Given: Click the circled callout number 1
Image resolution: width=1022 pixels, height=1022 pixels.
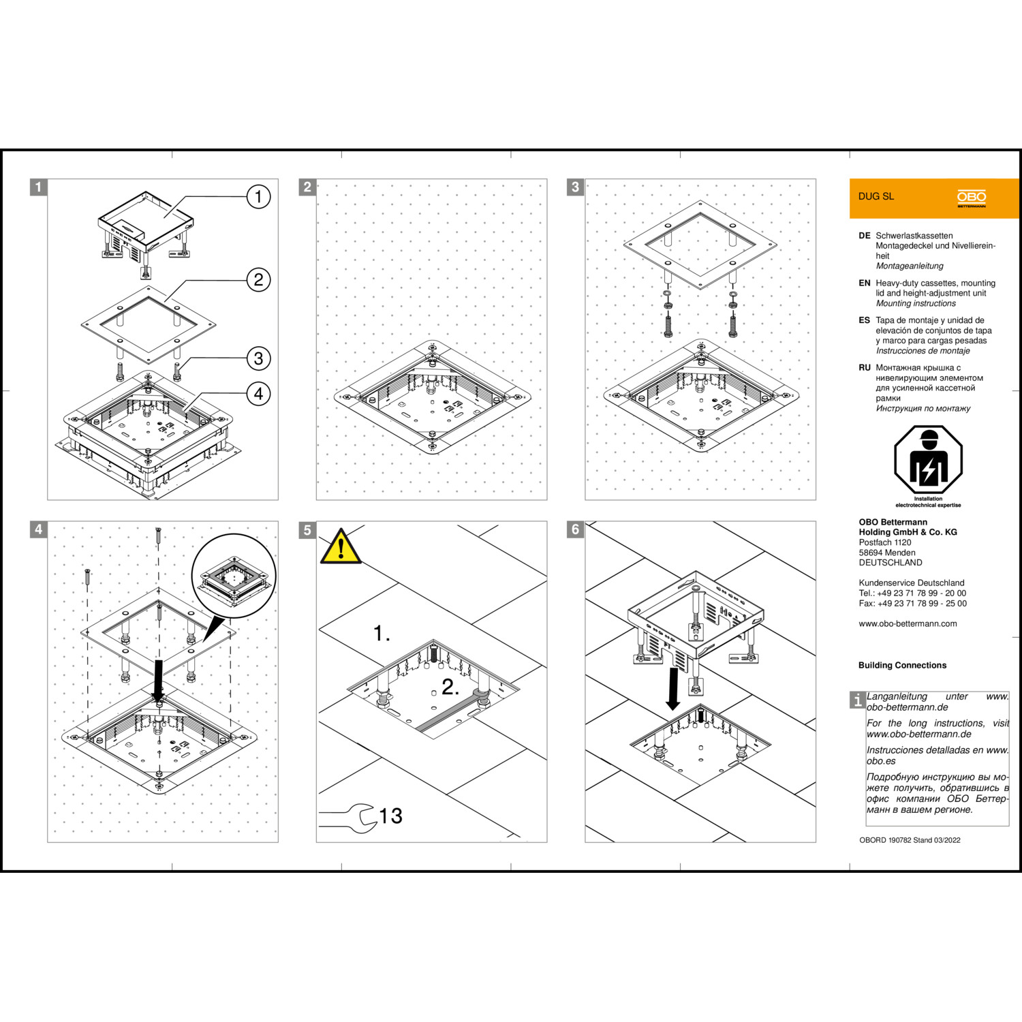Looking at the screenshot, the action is pyautogui.click(x=258, y=197).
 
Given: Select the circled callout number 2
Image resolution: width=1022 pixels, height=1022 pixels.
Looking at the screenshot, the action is pyautogui.click(x=258, y=279).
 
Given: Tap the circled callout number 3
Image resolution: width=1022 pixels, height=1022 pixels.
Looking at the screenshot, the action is pyautogui.click(x=258, y=358).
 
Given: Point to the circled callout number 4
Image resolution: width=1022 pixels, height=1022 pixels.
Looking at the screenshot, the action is pyautogui.click(x=258, y=393).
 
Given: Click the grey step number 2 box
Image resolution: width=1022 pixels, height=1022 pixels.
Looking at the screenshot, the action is pyautogui.click(x=307, y=187).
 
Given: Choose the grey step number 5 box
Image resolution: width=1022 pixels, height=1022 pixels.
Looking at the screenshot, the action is pyautogui.click(x=307, y=529).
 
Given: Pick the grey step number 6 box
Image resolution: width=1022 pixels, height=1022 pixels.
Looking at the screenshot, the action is pyautogui.click(x=576, y=529).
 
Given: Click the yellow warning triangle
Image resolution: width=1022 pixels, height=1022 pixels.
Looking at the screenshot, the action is pyautogui.click(x=341, y=548).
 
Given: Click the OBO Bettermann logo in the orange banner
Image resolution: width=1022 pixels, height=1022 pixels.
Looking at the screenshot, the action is pyautogui.click(x=972, y=198).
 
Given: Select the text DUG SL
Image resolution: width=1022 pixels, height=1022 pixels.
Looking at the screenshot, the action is pyautogui.click(x=876, y=196).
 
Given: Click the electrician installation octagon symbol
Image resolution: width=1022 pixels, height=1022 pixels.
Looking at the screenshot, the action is pyautogui.click(x=928, y=461).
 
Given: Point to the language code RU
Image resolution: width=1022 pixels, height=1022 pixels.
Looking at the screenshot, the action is pyautogui.click(x=865, y=368).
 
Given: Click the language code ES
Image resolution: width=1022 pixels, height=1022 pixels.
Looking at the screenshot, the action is pyautogui.click(x=865, y=320).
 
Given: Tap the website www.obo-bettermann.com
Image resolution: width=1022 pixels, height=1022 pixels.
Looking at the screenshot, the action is pyautogui.click(x=908, y=623).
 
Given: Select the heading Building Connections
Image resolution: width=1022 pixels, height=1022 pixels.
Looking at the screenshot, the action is pyautogui.click(x=902, y=665).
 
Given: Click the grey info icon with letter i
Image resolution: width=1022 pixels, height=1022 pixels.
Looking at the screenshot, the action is pyautogui.click(x=858, y=700).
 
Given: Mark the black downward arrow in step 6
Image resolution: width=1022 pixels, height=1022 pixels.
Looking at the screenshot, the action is pyautogui.click(x=673, y=689).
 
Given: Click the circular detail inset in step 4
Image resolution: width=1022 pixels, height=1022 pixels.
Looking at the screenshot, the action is pyautogui.click(x=234, y=576).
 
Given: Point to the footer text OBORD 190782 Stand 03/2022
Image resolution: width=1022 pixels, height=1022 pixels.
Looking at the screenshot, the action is pyautogui.click(x=910, y=840).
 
